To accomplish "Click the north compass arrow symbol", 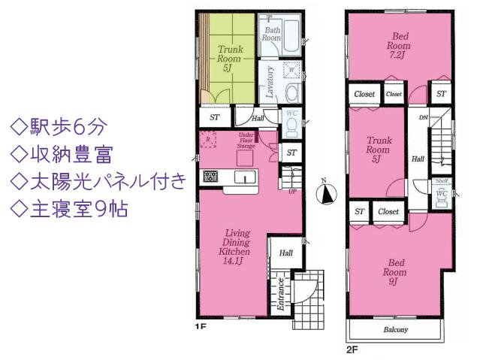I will pos(325,194).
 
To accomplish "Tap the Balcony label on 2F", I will pos(395,330).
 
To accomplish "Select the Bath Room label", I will pos(271,33).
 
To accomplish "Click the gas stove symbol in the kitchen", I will pos(210,177).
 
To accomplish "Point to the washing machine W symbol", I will pos(291,70).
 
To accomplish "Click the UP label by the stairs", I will pos(292,191).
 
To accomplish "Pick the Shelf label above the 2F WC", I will pos(442,180).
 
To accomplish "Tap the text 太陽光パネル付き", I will pos(96,181).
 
